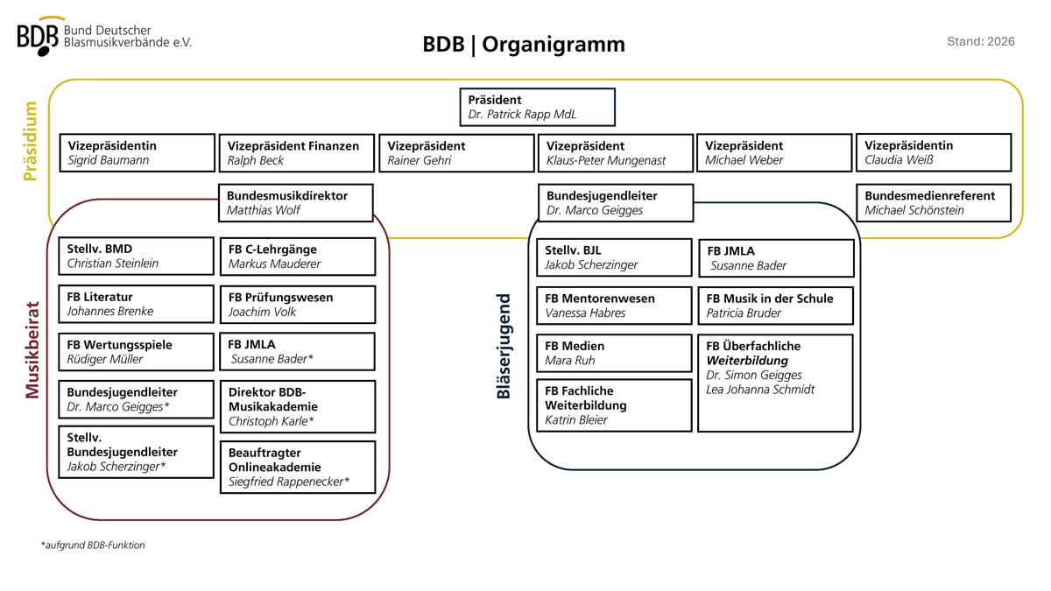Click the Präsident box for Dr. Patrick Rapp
(x=537, y=107)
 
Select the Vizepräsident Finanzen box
(x=297, y=153)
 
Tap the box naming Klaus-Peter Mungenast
(x=616, y=153)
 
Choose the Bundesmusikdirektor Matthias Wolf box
(x=296, y=202)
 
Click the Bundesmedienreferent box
(x=934, y=202)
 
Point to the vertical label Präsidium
(x=31, y=141)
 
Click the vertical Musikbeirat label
(x=32, y=350)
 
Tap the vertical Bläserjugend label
(x=504, y=346)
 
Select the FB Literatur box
(x=136, y=304)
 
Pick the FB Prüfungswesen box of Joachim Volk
(x=298, y=305)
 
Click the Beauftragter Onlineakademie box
(x=298, y=468)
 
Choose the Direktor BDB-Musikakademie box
(x=298, y=406)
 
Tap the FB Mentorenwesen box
(x=614, y=306)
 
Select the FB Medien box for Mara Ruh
(x=614, y=353)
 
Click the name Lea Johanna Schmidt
(x=760, y=390)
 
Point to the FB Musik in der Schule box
(x=776, y=306)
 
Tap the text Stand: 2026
(x=981, y=42)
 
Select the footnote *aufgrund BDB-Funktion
(x=93, y=545)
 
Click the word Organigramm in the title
(x=554, y=45)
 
